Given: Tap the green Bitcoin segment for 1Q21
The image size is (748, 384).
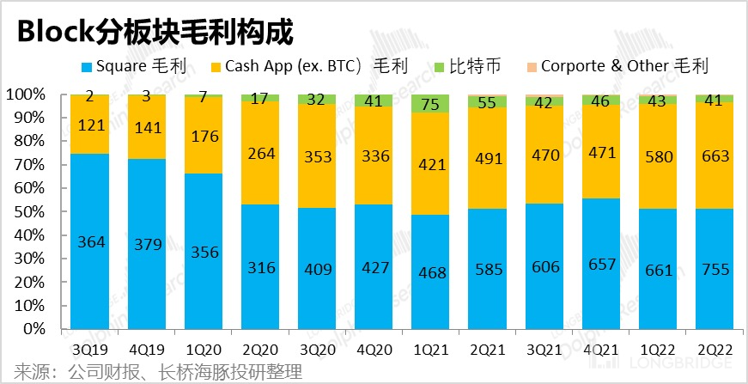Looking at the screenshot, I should pyautogui.click(x=429, y=104).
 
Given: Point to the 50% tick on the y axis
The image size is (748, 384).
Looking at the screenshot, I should pyautogui.click(x=35, y=211).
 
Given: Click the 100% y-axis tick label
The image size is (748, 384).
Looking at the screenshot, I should pyautogui.click(x=31, y=94).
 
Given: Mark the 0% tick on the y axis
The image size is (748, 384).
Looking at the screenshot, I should pyautogui.click(x=39, y=329).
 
